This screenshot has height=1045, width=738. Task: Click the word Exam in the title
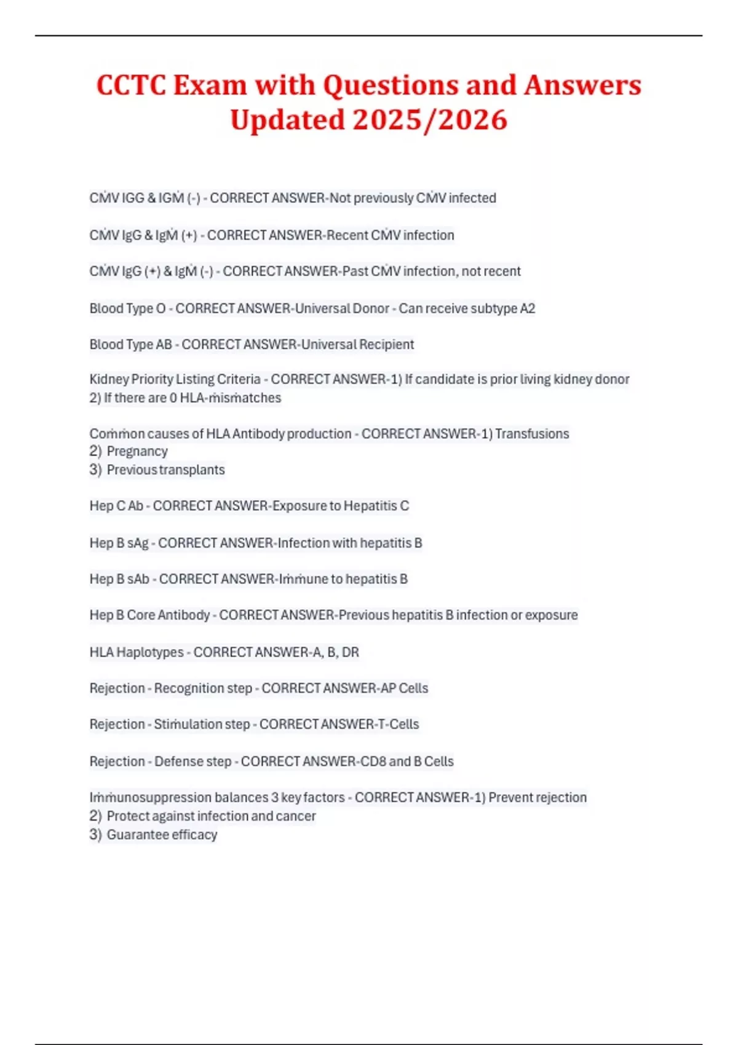(x=210, y=85)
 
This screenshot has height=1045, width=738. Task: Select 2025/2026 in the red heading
(x=430, y=119)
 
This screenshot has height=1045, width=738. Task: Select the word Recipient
(x=386, y=344)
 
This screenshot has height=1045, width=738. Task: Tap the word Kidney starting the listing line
(x=108, y=379)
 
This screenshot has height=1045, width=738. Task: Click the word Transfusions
(x=532, y=433)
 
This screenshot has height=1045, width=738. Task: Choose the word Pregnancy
(x=137, y=451)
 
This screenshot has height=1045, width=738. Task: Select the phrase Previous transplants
(x=165, y=470)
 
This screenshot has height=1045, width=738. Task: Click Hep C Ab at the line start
(x=116, y=506)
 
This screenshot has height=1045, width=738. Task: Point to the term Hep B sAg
(x=119, y=543)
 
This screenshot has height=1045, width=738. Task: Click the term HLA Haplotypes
(x=137, y=652)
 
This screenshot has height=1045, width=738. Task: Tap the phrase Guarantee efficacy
(x=162, y=834)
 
